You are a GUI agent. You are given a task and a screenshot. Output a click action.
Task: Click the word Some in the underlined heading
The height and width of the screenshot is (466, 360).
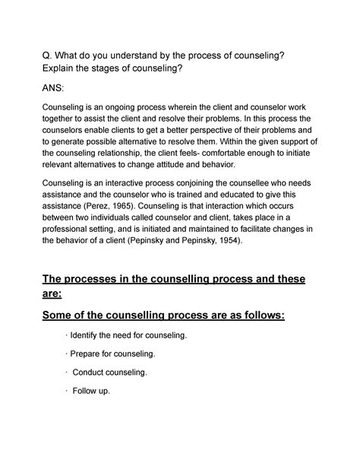pyautogui.click(x=65, y=313)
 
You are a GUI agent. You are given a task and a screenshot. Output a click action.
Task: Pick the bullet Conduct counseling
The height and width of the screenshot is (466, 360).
pyautogui.click(x=110, y=372)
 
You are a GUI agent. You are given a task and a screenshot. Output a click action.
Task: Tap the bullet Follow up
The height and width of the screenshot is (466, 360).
pyautogui.click(x=91, y=391)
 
